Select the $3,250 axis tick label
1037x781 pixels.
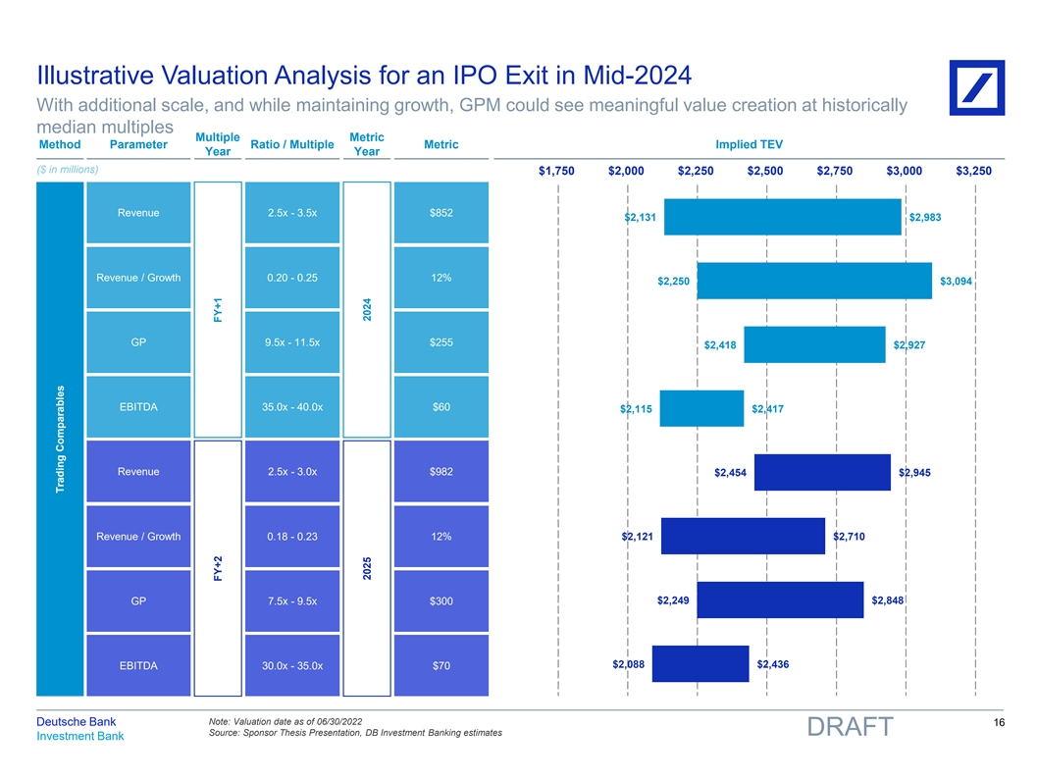(974, 171)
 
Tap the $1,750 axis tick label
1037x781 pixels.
(557, 171)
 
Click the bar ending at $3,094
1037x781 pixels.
(813, 281)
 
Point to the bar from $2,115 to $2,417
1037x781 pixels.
(700, 408)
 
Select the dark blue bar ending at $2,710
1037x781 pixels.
(743, 536)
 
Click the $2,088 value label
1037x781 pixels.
(628, 664)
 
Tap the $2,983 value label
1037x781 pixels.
(925, 217)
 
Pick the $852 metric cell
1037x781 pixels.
(441, 213)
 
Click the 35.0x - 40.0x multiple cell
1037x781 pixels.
(293, 407)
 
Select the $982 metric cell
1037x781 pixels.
(441, 472)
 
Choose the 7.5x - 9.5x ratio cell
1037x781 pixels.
(293, 600)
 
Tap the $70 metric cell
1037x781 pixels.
(441, 666)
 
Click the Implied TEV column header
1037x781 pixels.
(749, 145)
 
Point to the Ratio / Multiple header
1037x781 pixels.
(292, 145)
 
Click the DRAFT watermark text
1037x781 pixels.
(850, 727)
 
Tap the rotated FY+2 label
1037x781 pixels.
(219, 568)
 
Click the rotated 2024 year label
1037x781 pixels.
(365, 309)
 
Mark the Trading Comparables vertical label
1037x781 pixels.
(61, 439)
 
